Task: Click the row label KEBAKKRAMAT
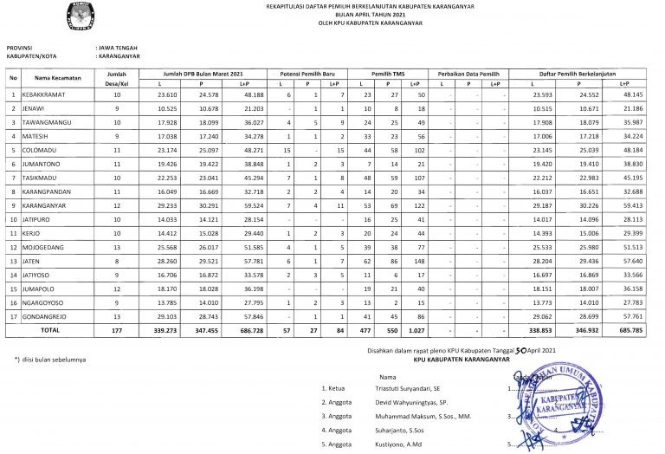coord(45,94)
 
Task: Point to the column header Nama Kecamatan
coord(54,78)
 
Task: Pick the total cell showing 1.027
coord(414,330)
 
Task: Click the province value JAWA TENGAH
coord(117,46)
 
